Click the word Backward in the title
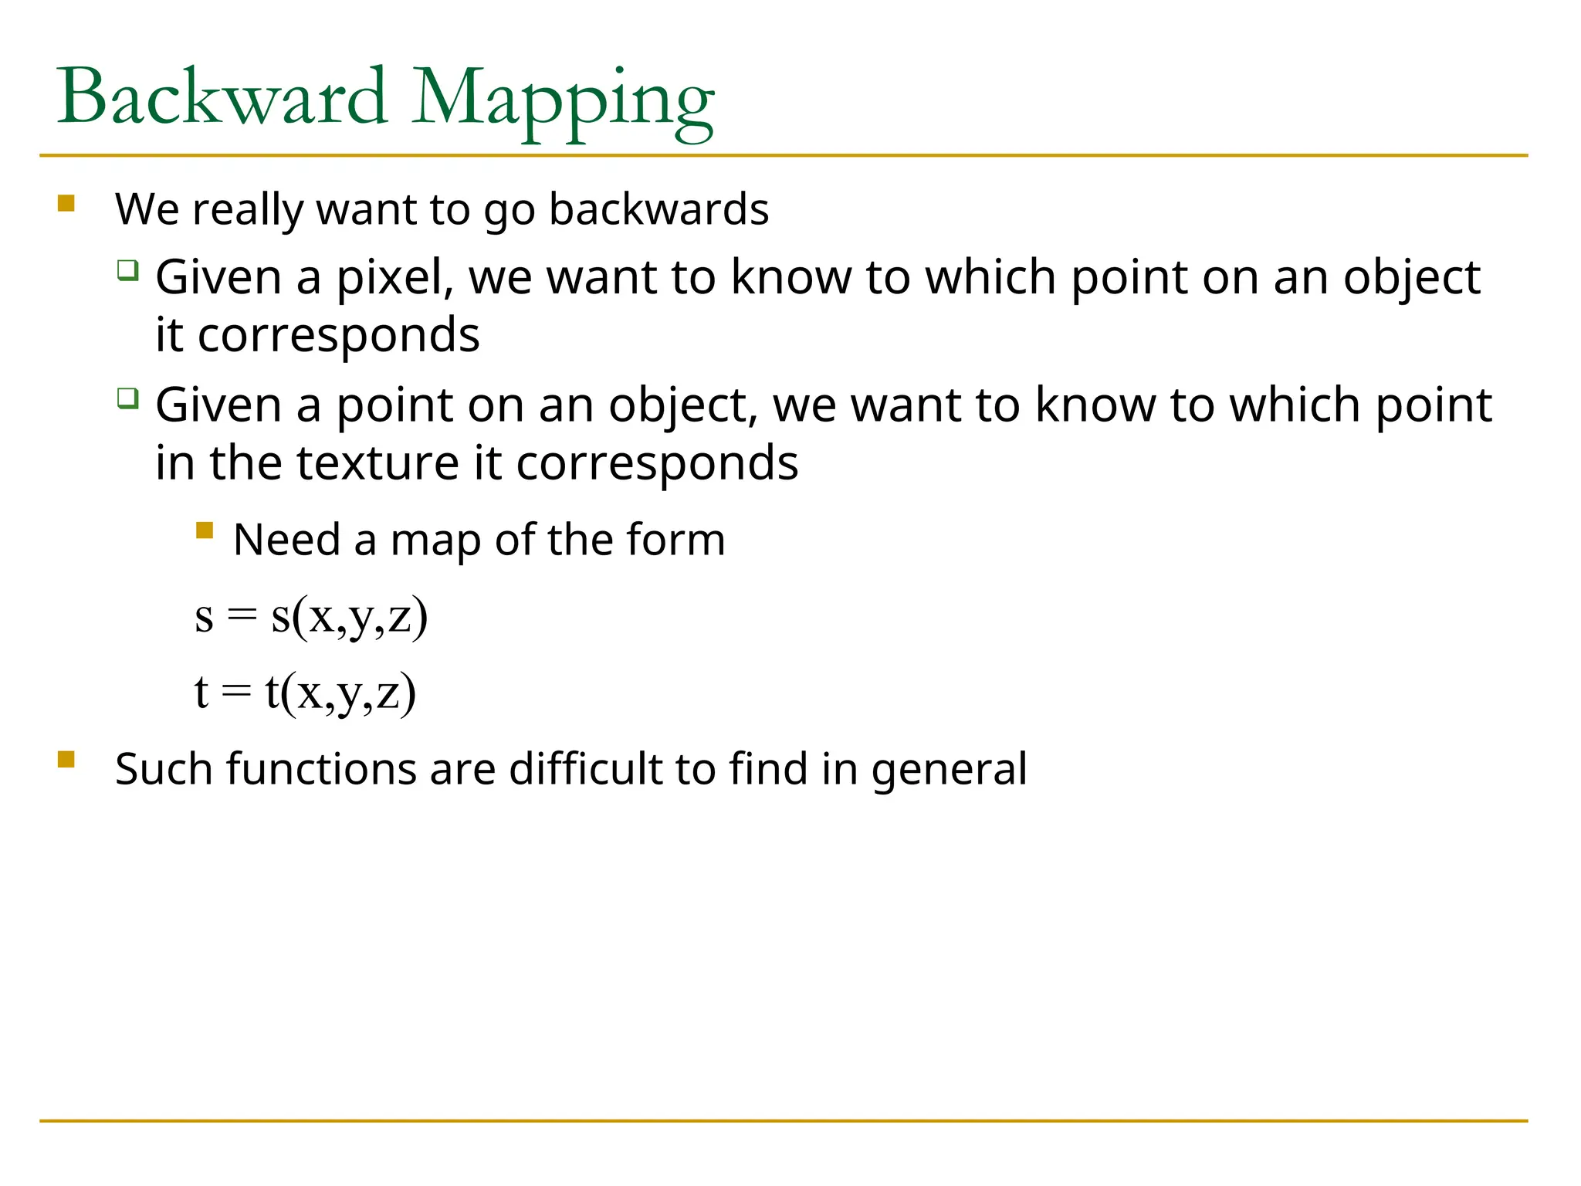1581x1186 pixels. (222, 97)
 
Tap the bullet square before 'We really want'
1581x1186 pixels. (66, 203)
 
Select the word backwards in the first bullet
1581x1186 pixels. (658, 209)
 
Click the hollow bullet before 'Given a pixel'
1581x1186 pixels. (127, 270)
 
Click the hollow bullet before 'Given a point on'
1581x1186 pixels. (127, 398)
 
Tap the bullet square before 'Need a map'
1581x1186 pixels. (205, 530)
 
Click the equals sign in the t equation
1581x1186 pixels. (236, 691)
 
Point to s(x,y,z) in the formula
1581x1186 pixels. (349, 616)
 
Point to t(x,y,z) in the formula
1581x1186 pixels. (340, 691)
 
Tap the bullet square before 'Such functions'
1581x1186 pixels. (66, 760)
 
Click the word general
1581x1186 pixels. (949, 770)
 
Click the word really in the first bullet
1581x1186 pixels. (248, 210)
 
